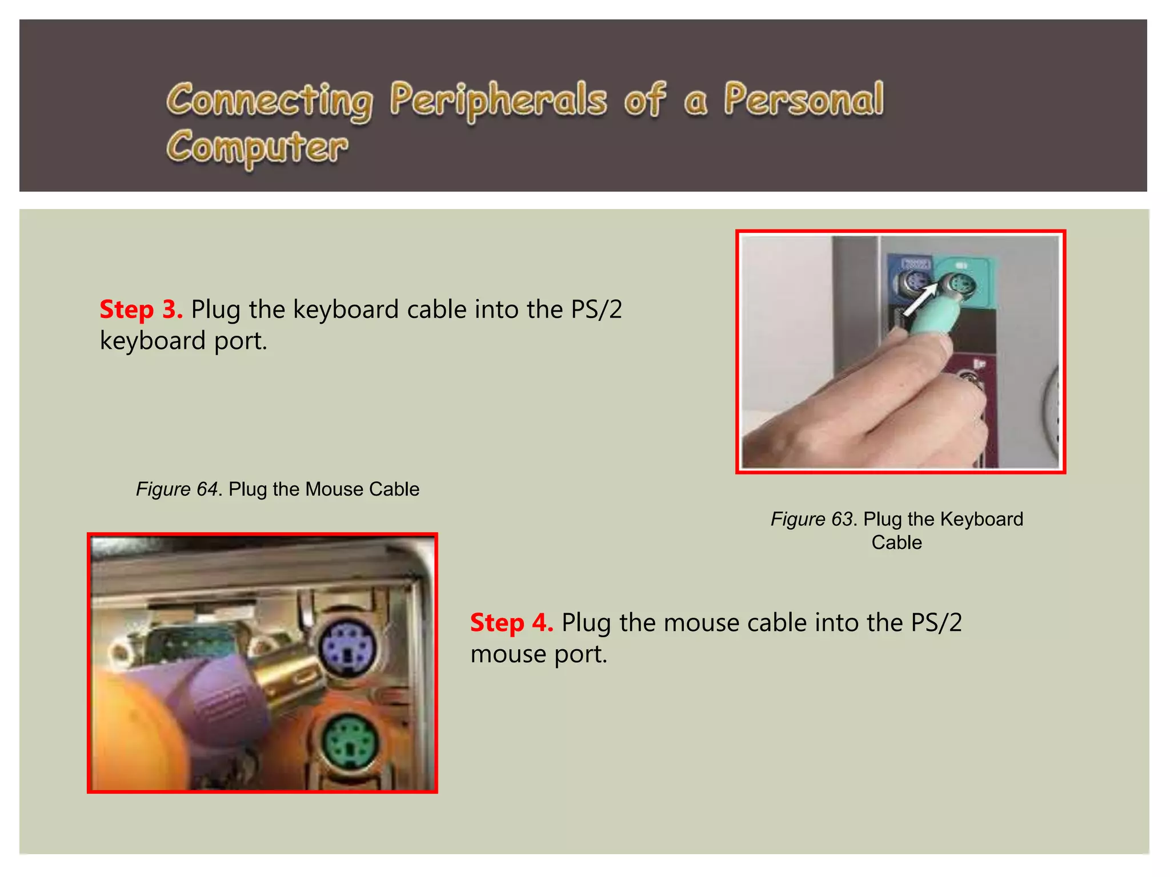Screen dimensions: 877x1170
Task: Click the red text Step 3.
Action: click(141, 309)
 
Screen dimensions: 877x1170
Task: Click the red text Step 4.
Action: click(511, 622)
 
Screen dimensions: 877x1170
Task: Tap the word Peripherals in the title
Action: click(498, 100)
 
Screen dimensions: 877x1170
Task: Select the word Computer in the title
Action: click(257, 147)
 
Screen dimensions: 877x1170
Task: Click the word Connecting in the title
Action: click(270, 100)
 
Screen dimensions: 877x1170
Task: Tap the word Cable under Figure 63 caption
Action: click(896, 542)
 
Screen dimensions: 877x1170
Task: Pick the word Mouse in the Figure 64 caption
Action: click(334, 489)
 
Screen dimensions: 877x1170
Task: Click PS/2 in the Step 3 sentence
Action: click(596, 309)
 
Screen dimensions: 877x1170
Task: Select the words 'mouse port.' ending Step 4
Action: click(538, 654)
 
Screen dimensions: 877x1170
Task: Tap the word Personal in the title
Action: click(804, 100)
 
